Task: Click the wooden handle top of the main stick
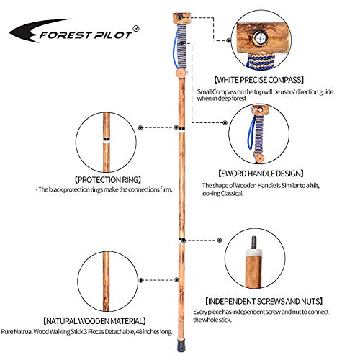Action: click(x=181, y=17)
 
